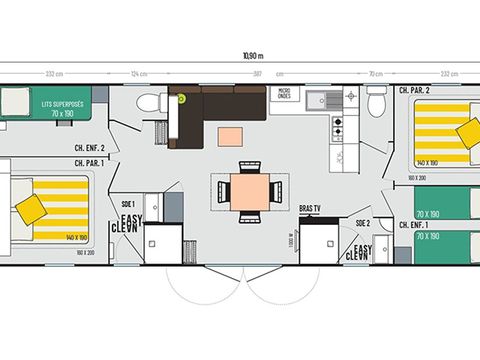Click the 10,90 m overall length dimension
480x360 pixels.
pyautogui.click(x=240, y=55)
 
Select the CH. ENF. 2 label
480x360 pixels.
pyautogui.click(x=90, y=148)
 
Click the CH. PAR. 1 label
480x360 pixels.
pyautogui.click(x=90, y=162)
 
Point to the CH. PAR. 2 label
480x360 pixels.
pyautogui.click(x=415, y=90)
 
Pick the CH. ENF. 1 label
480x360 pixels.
pyautogui.click(x=415, y=225)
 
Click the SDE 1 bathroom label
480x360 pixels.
pyautogui.click(x=127, y=202)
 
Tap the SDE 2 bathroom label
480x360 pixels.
pyautogui.click(x=361, y=222)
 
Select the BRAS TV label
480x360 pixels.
pyautogui.click(x=312, y=207)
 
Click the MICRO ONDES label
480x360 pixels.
pyautogui.click(x=284, y=95)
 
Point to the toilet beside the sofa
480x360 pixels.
pyautogui.click(x=146, y=102)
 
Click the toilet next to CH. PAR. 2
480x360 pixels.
pyautogui.click(x=376, y=102)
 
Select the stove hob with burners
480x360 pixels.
pyautogui.click(x=338, y=126)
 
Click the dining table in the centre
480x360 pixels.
pyautogui.click(x=249, y=189)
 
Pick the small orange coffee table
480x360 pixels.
pyautogui.click(x=230, y=135)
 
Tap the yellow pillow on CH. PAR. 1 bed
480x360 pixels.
pyautogui.click(x=30, y=207)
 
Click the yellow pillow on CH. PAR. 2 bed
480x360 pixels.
pyautogui.click(x=468, y=132)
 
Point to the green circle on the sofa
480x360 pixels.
pyautogui.click(x=182, y=98)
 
